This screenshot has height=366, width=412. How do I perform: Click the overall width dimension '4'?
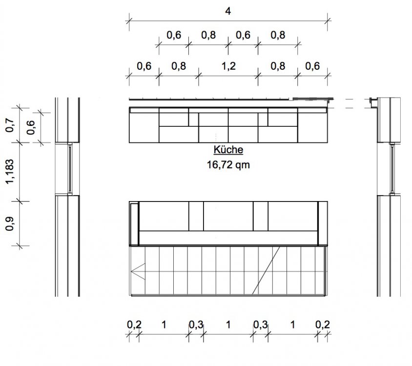228,11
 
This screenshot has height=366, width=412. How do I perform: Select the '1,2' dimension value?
228,66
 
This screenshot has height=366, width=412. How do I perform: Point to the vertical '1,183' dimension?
9,172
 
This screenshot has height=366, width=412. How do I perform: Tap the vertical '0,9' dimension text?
9,224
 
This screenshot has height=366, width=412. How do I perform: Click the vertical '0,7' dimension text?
9,125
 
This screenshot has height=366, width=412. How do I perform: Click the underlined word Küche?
228,150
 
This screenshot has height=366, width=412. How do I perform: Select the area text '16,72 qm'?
228,165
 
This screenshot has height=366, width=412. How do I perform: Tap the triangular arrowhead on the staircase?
138,271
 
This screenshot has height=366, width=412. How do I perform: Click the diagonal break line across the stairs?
266,270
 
